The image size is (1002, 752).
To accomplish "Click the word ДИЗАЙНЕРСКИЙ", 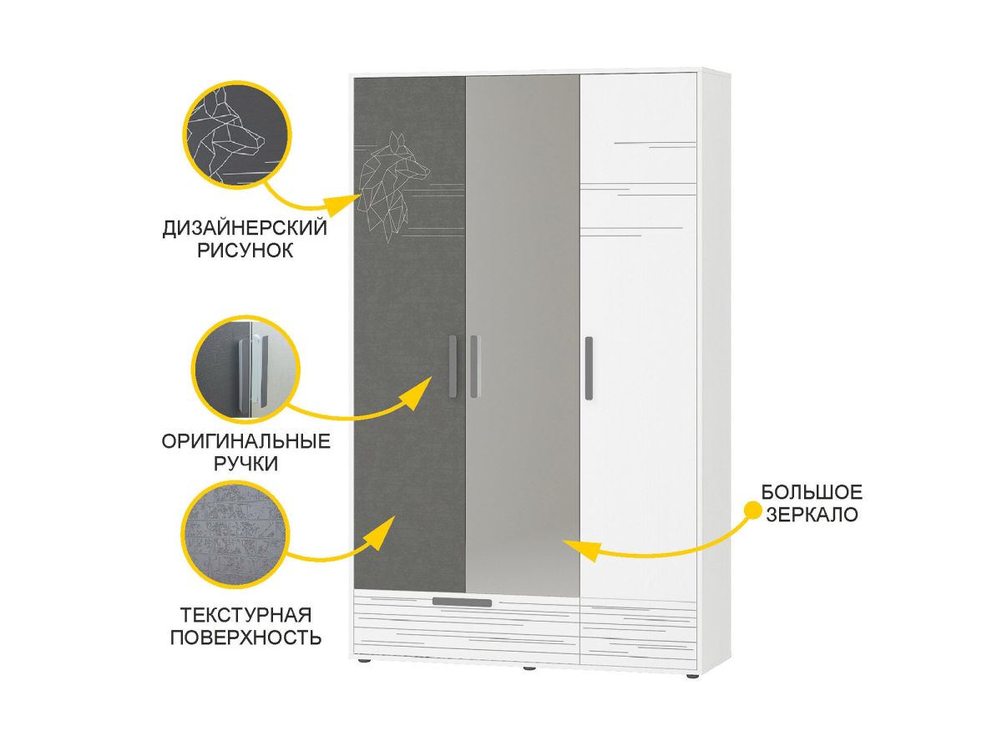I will (x=245, y=228).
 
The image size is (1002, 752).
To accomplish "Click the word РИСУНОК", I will (x=245, y=250).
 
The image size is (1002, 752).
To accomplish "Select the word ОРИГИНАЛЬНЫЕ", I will (x=245, y=441).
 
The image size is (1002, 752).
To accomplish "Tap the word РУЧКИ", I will (x=245, y=464).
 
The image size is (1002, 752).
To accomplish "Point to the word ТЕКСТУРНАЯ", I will (x=246, y=616).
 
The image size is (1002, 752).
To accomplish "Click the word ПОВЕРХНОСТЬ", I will (x=246, y=638).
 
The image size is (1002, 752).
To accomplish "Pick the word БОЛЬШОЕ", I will (x=811, y=492).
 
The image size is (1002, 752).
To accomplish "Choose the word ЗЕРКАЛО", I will (x=811, y=515).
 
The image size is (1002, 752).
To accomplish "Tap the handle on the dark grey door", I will (x=452, y=365).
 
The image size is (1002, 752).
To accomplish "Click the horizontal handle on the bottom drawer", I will (x=462, y=602).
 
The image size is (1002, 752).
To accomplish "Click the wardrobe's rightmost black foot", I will (x=691, y=673).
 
